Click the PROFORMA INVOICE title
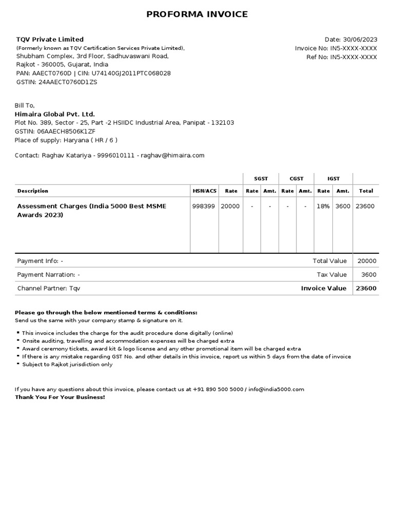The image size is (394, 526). (197, 14)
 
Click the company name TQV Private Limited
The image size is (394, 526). (50, 40)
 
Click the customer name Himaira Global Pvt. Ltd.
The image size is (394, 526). (55, 114)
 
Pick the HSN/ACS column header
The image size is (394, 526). (205, 191)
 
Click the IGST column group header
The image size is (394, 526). (333, 179)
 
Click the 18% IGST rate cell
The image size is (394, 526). (323, 206)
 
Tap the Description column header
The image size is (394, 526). (33, 191)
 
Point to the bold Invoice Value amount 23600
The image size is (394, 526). (366, 288)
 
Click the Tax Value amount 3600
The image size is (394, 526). (369, 275)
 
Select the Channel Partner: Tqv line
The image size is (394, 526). (49, 289)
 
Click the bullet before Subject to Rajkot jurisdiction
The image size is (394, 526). (18, 364)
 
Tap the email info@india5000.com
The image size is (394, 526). (277, 389)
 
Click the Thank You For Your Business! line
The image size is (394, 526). (60, 398)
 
